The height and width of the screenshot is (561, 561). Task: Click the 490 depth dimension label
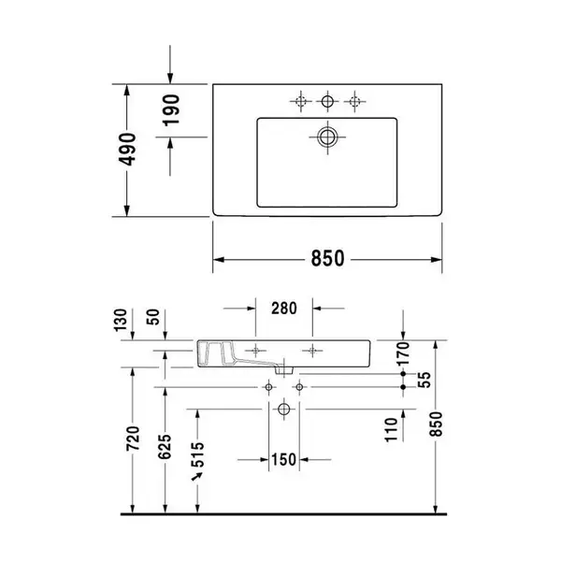(x=127, y=150)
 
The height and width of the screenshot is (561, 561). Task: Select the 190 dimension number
(x=171, y=110)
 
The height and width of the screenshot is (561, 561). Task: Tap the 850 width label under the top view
(x=327, y=258)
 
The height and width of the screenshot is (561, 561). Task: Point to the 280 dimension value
(x=284, y=308)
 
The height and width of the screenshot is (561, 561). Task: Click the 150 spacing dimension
(x=284, y=460)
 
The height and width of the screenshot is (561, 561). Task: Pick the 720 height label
(x=133, y=439)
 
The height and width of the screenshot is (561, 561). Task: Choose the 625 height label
(x=165, y=447)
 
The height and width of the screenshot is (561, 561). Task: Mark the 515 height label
(x=197, y=454)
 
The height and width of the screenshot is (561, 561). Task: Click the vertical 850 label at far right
(x=436, y=424)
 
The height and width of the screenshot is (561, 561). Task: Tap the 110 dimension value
(x=392, y=430)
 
